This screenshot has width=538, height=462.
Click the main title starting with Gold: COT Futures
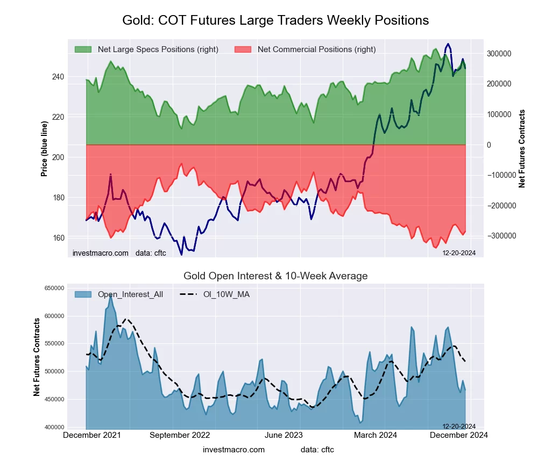275,20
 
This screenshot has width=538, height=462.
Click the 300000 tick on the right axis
499,54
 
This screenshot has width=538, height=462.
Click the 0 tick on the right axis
489,145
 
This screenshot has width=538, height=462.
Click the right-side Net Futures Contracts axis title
522,149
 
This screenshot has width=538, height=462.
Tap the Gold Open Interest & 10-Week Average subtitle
275,276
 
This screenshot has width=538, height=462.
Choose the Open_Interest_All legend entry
130,294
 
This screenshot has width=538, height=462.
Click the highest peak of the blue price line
448,44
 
